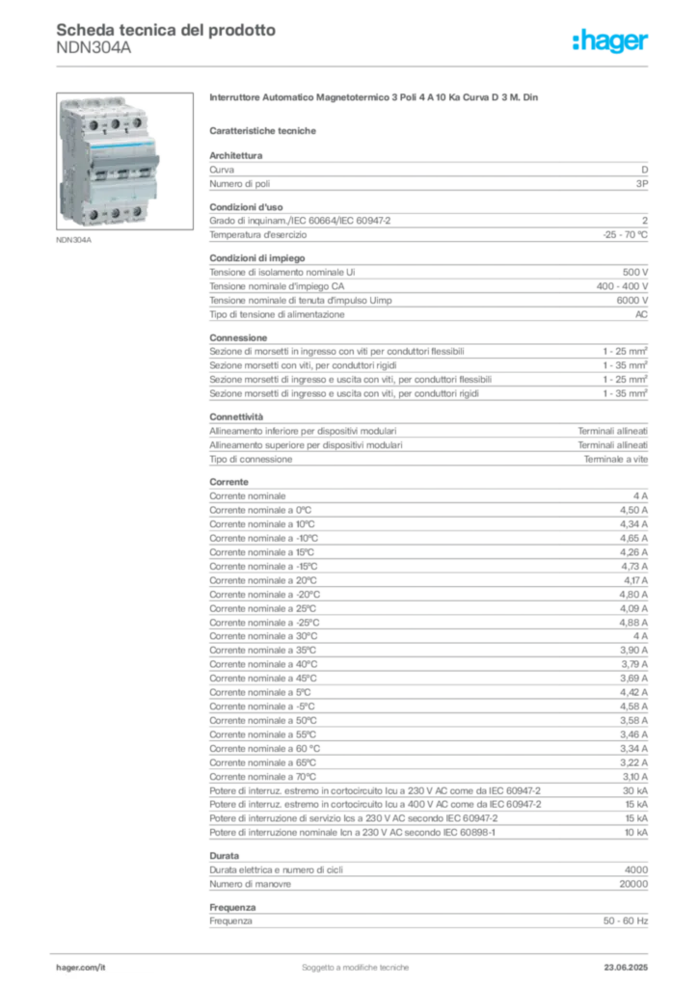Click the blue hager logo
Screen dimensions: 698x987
(611, 41)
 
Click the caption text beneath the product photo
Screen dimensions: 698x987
(76, 238)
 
